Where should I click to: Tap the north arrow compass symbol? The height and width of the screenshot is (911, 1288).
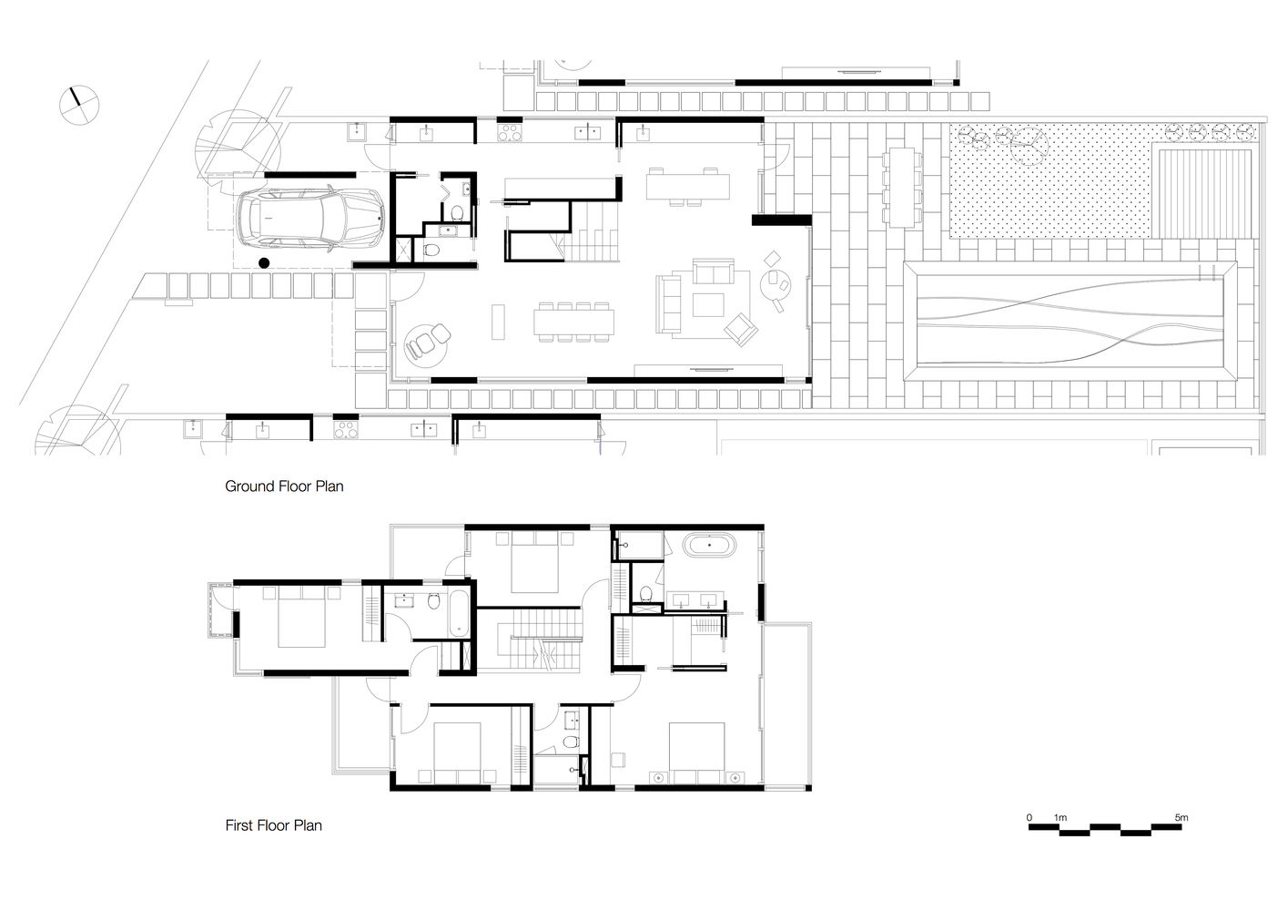point(79,106)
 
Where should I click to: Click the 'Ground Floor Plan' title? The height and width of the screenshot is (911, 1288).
point(284,486)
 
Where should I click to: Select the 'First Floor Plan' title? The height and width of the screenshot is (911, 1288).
point(273,825)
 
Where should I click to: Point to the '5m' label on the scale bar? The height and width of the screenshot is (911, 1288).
point(1182,817)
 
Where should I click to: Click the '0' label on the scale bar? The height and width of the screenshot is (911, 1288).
point(1029,817)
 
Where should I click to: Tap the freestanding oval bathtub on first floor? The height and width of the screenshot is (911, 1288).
point(709,545)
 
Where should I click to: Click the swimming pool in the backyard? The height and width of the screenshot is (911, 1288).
point(1070,320)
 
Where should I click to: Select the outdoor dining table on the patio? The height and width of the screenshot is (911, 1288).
point(901,188)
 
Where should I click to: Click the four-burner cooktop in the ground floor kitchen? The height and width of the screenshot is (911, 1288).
point(510,132)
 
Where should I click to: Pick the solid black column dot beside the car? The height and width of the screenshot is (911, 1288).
point(264,263)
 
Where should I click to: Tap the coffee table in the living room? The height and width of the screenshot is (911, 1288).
point(708,304)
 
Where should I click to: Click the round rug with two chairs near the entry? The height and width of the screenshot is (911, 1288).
point(426,343)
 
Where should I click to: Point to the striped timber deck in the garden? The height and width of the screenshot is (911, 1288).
point(1204,194)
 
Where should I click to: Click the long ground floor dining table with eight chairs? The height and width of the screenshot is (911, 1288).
point(573,322)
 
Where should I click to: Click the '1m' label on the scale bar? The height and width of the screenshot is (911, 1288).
point(1060,817)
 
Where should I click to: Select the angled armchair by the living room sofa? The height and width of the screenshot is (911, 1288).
point(741,329)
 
